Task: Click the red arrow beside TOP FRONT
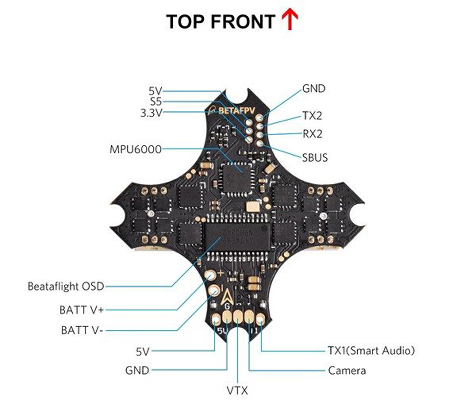coord(290,21)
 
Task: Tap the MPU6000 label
coord(135,149)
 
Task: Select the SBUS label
coord(315,157)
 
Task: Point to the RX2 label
coord(312,134)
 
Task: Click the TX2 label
coord(312,116)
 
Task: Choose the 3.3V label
coord(151,113)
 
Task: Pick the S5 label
coord(156,101)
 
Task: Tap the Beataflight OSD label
coord(66,287)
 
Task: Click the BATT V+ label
coord(81,310)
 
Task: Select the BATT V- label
coord(81,330)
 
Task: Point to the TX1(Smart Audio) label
coord(371,351)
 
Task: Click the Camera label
coord(347,370)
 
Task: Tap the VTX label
coord(237,390)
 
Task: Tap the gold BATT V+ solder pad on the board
coord(210,276)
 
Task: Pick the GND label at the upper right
coord(314,89)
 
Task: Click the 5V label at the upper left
coord(155,90)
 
